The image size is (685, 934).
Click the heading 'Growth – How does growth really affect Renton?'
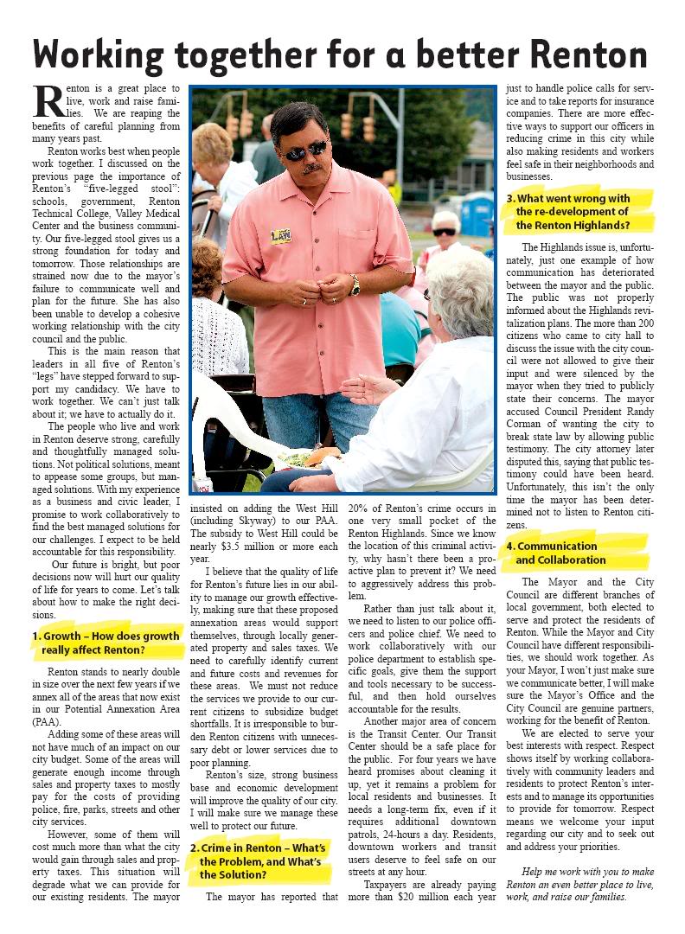point(106,643)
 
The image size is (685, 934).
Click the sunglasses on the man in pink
point(305,151)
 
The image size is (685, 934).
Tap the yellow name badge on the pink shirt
point(280,235)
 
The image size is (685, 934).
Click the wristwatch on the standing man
point(354,285)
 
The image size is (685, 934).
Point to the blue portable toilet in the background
point(477,214)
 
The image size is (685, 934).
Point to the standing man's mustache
point(312,168)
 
